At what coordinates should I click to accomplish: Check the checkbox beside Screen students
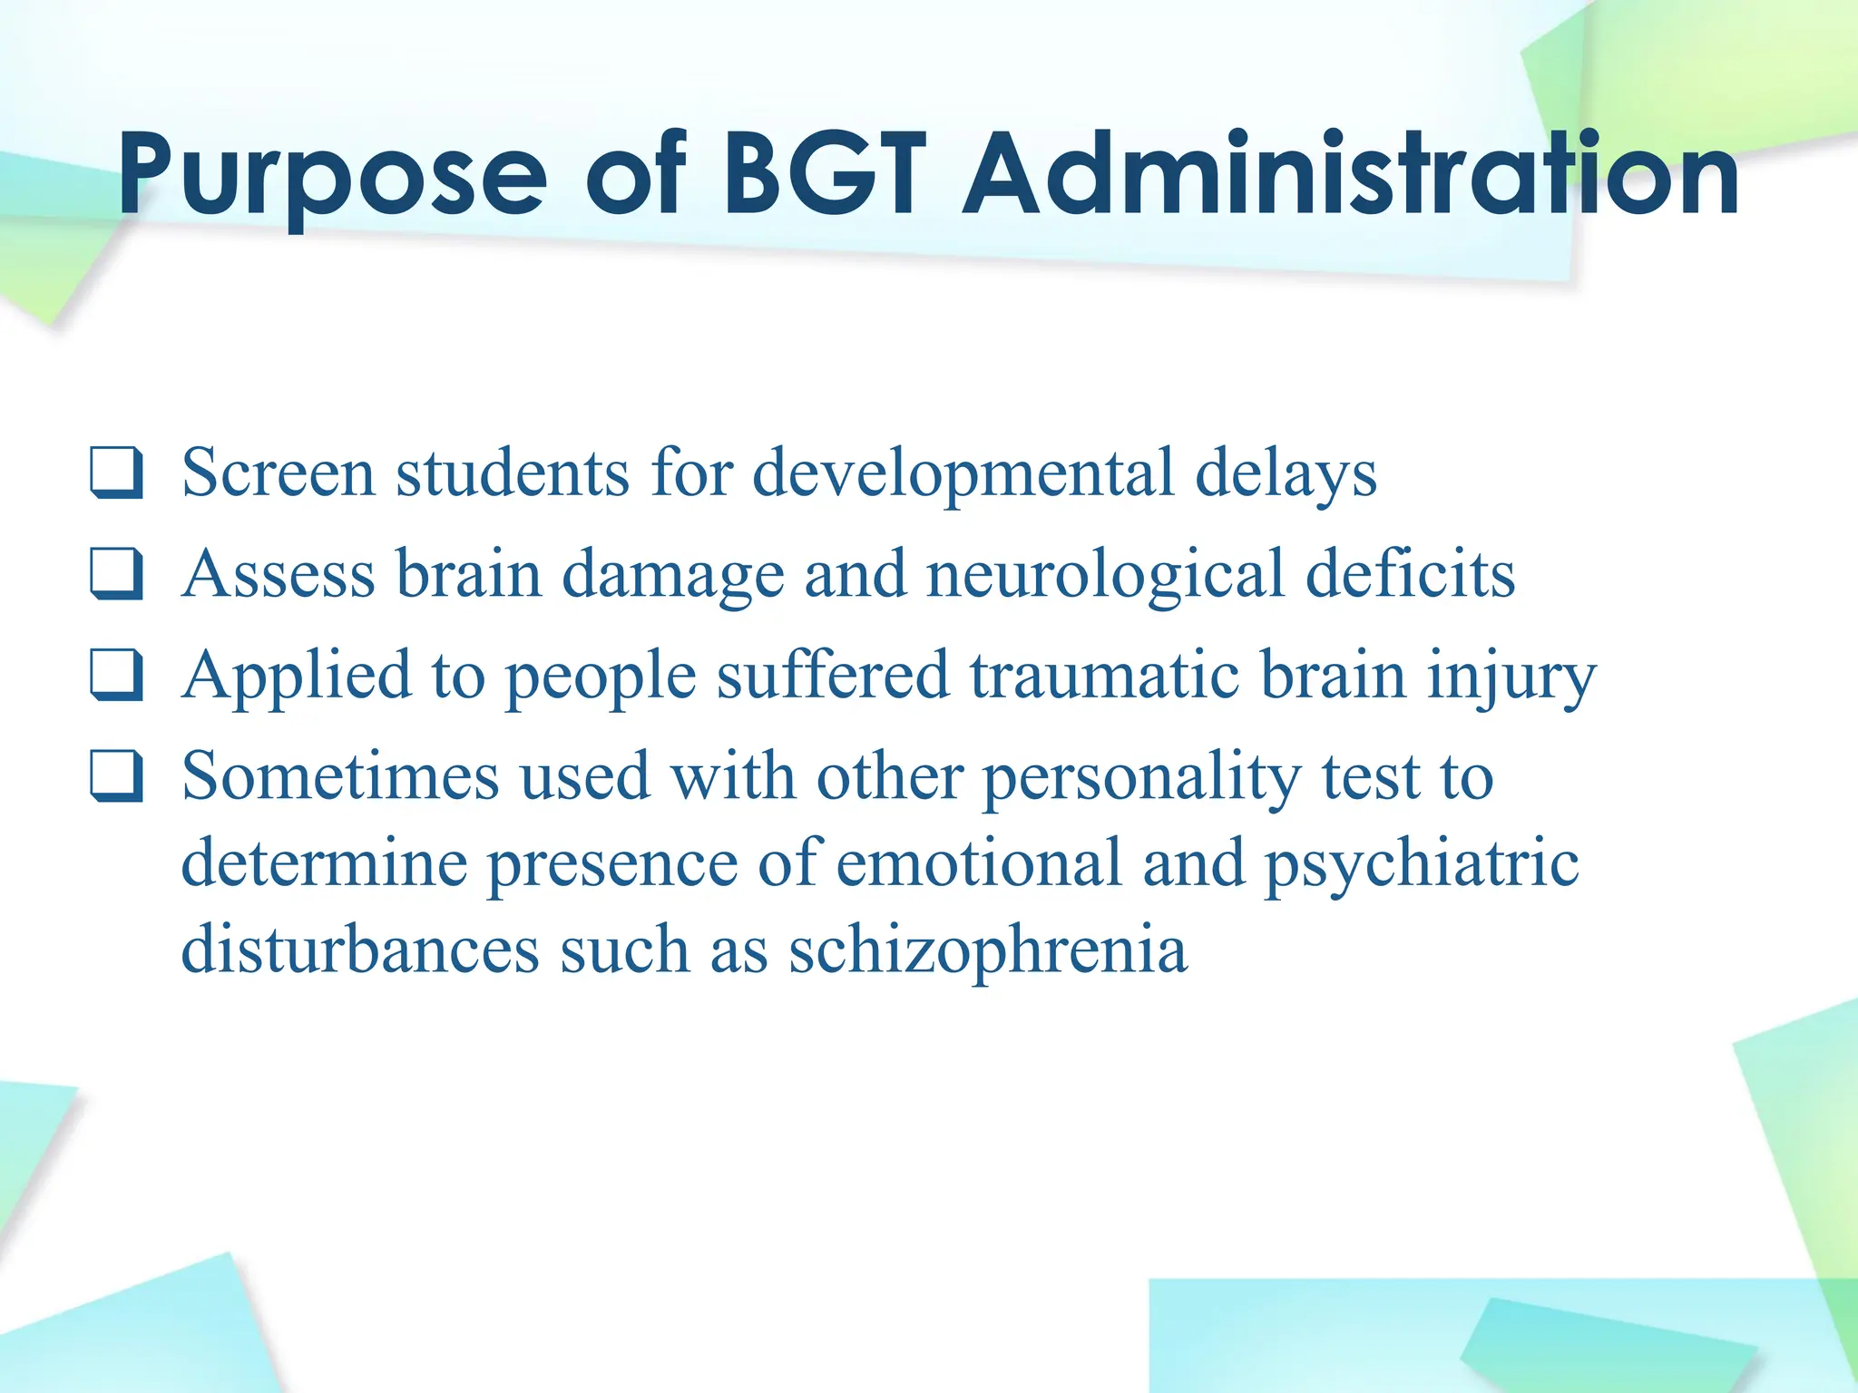pyautogui.click(x=117, y=472)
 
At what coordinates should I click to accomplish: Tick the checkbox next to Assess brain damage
pyautogui.click(x=117, y=574)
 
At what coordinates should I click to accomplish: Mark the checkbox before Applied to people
pyautogui.click(x=117, y=676)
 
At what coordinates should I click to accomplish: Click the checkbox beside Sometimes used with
pyautogui.click(x=117, y=776)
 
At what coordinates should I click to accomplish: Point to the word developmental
pyautogui.click(x=963, y=472)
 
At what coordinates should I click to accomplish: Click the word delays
pyautogui.click(x=1286, y=472)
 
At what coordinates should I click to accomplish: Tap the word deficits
pyautogui.click(x=1410, y=574)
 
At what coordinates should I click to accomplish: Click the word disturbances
pyautogui.click(x=360, y=950)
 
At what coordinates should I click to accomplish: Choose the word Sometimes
pyautogui.click(x=340, y=777)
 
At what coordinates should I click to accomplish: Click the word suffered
pyautogui.click(x=832, y=676)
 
